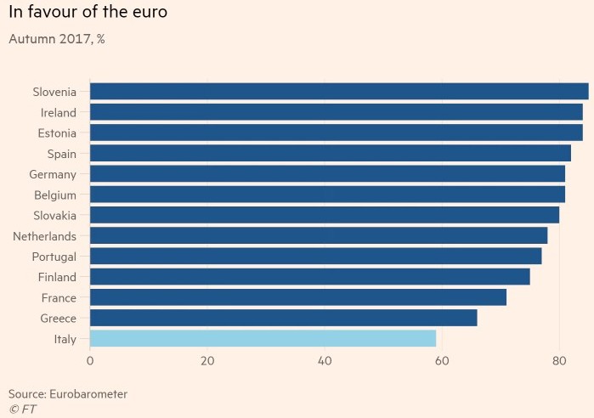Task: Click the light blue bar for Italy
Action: pyautogui.click(x=263, y=338)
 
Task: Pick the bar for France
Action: pyautogui.click(x=297, y=297)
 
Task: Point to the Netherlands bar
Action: pyautogui.click(x=318, y=235)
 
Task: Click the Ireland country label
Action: pyautogui.click(x=59, y=112)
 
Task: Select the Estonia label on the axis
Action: pyautogui.click(x=57, y=133)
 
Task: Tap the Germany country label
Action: pyautogui.click(x=53, y=174)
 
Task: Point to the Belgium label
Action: pyautogui.click(x=55, y=195)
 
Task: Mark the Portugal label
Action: pyautogui.click(x=54, y=257)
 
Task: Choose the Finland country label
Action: pyautogui.click(x=58, y=277)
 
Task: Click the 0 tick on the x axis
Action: pyautogui.click(x=90, y=360)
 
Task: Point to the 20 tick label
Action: pyautogui.click(x=207, y=360)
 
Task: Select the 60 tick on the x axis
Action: pyautogui.click(x=442, y=360)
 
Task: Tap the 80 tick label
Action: pyautogui.click(x=559, y=360)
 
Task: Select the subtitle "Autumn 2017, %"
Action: pyautogui.click(x=56, y=38)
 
